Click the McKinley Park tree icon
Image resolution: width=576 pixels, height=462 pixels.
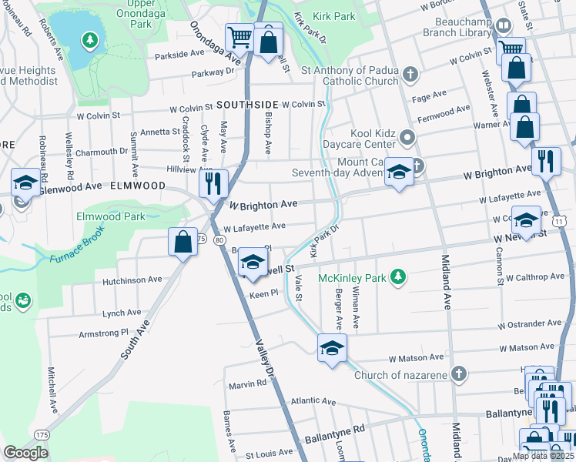click(397, 276)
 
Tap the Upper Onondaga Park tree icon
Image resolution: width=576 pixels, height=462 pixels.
click(90, 39)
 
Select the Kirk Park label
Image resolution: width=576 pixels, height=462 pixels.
click(334, 15)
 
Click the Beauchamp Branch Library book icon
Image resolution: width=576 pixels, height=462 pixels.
click(502, 26)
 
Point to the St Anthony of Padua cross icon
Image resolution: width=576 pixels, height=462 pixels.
click(411, 75)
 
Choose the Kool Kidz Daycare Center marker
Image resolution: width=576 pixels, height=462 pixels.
click(408, 138)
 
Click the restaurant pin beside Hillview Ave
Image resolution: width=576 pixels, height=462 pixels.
click(213, 183)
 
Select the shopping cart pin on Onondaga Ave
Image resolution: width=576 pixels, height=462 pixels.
click(239, 37)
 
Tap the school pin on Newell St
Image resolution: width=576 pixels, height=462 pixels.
click(252, 263)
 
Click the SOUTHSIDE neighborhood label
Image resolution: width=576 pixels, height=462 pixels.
click(246, 104)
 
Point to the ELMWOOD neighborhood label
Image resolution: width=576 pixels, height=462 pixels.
click(139, 186)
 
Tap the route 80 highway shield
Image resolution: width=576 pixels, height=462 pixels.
click(219, 240)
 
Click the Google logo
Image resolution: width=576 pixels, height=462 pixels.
click(26, 453)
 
